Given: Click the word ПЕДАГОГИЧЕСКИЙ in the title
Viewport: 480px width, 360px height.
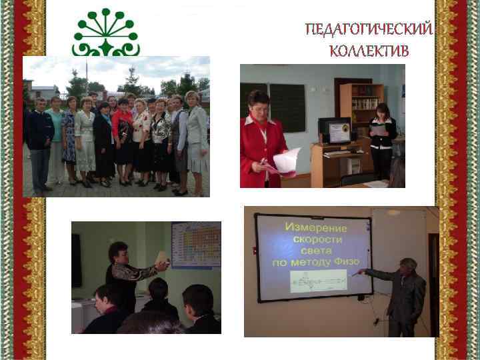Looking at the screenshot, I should click(369, 31).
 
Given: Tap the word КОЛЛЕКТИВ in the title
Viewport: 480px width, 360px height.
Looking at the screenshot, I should click(369, 51).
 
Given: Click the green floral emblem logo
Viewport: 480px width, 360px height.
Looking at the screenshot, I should click(106, 33).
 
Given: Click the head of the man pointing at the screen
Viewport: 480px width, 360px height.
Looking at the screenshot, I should click(409, 265).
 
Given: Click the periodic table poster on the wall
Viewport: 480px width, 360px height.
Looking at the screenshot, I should click(195, 245).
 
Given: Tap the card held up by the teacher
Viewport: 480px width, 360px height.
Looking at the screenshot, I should click(161, 258).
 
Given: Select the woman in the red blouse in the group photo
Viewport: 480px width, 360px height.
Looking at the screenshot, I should click(123, 137).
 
